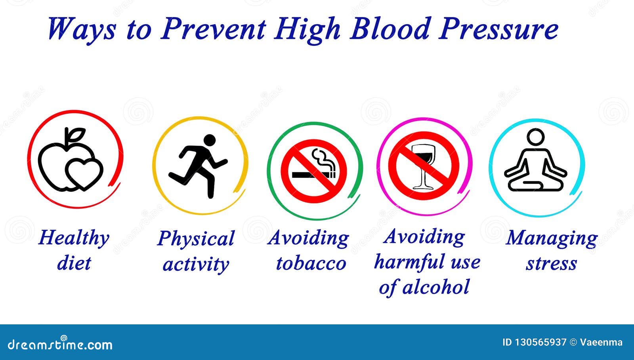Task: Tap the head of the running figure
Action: click(x=210, y=140)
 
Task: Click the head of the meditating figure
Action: click(x=535, y=137)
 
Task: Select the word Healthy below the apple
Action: click(x=74, y=238)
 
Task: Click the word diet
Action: click(x=74, y=263)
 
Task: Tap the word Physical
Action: click(x=196, y=239)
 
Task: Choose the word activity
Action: click(x=196, y=265)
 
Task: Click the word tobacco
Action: click(x=311, y=263)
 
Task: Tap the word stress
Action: click(x=551, y=264)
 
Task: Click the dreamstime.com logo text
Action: click(x=60, y=345)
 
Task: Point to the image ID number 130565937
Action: click(x=540, y=343)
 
